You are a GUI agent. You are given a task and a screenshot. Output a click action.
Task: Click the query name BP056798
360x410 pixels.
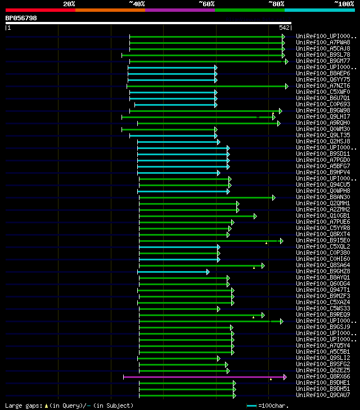[x=21, y=18]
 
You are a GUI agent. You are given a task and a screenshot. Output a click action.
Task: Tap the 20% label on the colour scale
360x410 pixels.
[x=69, y=3]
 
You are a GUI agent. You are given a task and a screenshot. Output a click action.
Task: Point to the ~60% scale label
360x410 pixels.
[x=206, y=3]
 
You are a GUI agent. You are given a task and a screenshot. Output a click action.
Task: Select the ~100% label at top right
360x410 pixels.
[x=344, y=3]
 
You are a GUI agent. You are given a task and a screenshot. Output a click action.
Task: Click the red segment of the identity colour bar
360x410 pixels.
[x=40, y=10]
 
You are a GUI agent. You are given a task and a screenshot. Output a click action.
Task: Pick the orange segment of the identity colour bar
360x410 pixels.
[x=110, y=10]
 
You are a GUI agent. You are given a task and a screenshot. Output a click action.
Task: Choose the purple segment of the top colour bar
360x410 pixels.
[x=179, y=10]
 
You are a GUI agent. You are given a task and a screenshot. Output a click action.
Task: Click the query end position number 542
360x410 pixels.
[x=284, y=28]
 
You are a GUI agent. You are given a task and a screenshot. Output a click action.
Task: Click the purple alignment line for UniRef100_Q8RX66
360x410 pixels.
[x=202, y=377]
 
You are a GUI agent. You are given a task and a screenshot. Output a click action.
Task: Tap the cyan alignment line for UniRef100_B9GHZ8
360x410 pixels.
[x=172, y=272]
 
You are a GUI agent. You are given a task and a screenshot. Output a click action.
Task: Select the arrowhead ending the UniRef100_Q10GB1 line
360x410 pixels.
[x=255, y=216]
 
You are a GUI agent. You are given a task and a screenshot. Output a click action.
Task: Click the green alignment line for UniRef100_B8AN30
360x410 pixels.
[x=205, y=197]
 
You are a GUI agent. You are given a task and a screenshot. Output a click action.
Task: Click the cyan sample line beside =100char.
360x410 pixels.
[x=251, y=406]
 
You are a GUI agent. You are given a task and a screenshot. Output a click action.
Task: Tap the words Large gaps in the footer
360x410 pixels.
[x=19, y=406]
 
